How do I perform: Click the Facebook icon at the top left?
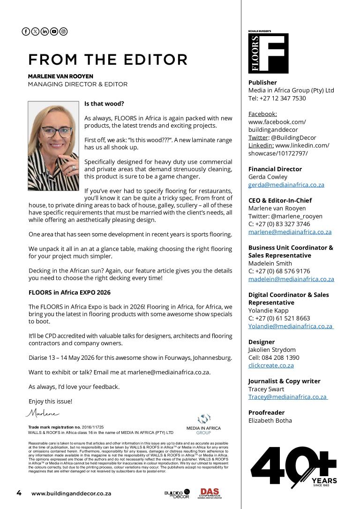coord(26,31)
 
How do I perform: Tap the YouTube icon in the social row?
coord(54,31)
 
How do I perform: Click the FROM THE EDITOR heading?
coord(108,60)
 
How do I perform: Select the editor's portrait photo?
coord(53,146)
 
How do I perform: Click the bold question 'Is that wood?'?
coord(104,103)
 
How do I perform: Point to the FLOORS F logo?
coord(268,53)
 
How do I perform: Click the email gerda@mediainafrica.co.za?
coord(286,185)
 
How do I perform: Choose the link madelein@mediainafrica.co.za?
coord(291,279)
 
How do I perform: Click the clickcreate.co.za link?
coord(271,365)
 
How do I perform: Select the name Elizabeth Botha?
coord(270,420)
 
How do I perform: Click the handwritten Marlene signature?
coord(42,413)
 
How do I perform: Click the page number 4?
coord(19,493)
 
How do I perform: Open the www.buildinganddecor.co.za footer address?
coord(71,494)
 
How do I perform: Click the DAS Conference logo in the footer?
coord(210,493)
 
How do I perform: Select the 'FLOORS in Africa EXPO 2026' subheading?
coord(69,292)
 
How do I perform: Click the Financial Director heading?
coord(275,169)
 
